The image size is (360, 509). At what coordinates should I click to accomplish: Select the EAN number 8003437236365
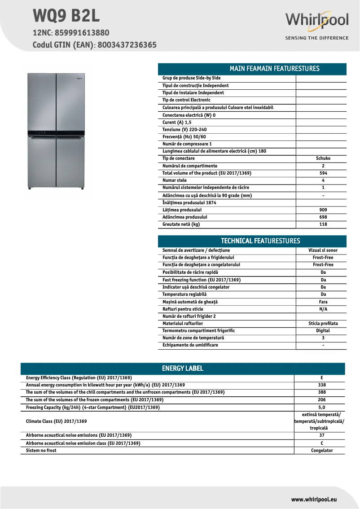(x=127, y=45)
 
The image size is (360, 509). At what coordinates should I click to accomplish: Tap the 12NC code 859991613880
(x=82, y=33)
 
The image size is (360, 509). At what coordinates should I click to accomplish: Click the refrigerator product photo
(x=56, y=130)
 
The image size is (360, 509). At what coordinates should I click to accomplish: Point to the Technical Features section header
(x=252, y=241)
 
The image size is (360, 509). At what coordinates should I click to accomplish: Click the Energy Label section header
(x=183, y=369)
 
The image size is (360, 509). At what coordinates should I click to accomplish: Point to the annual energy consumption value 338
(x=321, y=385)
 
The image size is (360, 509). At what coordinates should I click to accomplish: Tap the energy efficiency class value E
(x=321, y=378)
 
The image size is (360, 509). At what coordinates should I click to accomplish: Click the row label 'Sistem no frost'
(x=41, y=451)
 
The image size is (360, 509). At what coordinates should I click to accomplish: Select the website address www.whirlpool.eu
(x=314, y=499)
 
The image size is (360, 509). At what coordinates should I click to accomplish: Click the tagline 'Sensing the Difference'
(x=316, y=38)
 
